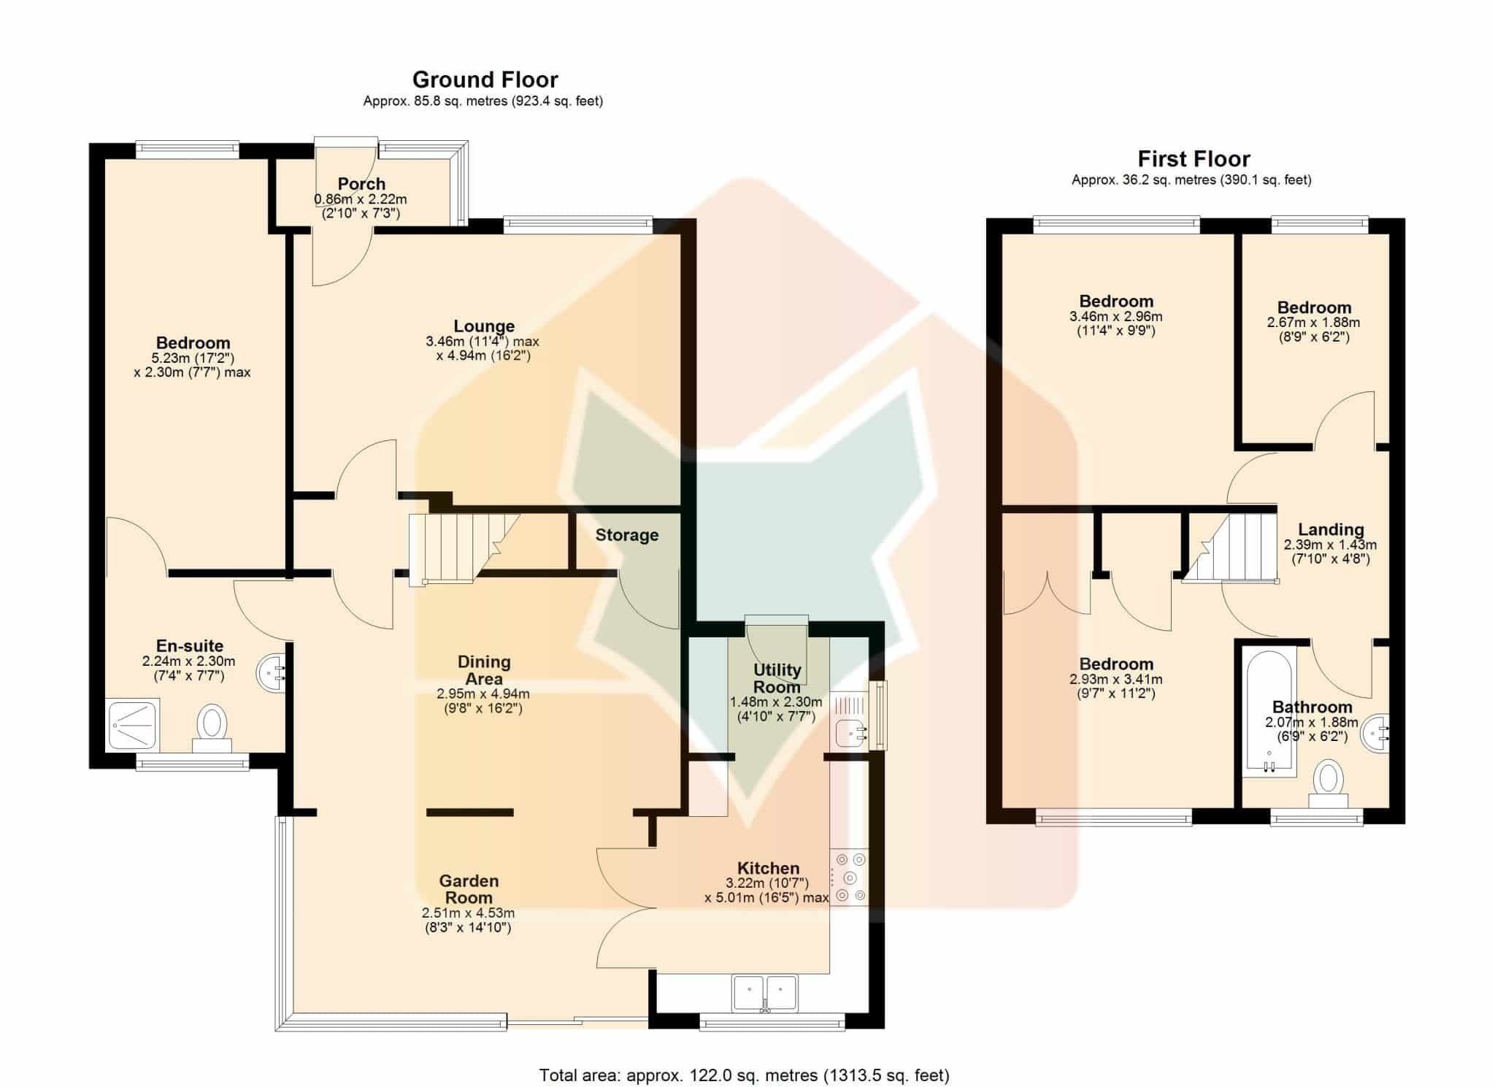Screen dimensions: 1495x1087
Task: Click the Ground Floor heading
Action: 485,79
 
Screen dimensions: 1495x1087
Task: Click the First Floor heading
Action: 1194,158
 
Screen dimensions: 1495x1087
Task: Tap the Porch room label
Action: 361,184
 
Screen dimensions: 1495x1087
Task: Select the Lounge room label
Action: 484,326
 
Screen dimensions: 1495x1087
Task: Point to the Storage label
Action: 627,535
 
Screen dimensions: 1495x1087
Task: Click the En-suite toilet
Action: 212,728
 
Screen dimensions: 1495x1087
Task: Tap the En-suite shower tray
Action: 133,725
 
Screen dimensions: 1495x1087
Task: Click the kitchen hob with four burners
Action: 849,877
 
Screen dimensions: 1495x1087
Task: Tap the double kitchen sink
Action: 764,993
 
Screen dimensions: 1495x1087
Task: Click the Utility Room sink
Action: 850,732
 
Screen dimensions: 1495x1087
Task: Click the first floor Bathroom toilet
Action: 1328,783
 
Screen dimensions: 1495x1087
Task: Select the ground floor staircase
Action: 464,548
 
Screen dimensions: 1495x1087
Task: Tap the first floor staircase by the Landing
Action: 1230,548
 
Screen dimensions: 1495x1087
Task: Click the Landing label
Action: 1331,530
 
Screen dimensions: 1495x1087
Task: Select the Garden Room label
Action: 469,889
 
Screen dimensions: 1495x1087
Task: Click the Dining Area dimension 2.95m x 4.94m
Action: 483,694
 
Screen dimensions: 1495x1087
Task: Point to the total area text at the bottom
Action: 744,1075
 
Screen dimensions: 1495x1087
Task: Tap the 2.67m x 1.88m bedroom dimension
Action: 1313,323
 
